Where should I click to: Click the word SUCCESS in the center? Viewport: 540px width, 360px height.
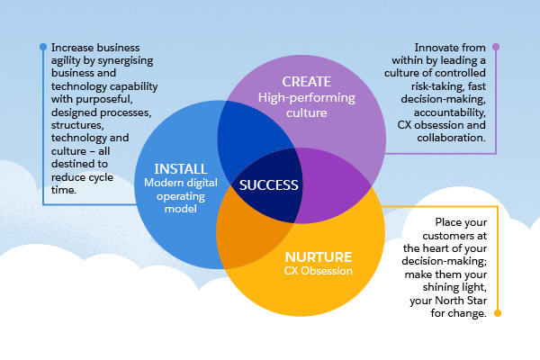pyautogui.click(x=269, y=185)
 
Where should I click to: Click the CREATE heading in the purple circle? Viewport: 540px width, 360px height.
pyautogui.click(x=306, y=80)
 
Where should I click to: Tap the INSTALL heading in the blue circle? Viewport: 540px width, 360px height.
pyautogui.click(x=180, y=168)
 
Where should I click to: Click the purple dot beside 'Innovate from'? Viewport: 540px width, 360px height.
pyautogui.click(x=496, y=47)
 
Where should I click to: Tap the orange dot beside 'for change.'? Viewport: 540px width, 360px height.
pyautogui.click(x=497, y=314)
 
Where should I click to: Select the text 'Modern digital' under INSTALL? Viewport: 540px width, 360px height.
pyautogui.click(x=181, y=184)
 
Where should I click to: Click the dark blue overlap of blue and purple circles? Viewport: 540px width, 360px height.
pyautogui.click(x=247, y=135)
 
